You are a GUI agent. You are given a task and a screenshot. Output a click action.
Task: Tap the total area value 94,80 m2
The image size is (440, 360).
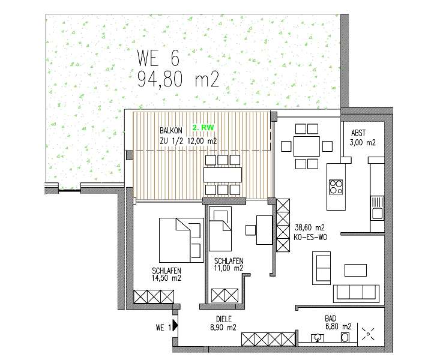[x=178, y=79]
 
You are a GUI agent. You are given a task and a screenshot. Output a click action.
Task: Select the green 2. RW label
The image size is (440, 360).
[x=203, y=128]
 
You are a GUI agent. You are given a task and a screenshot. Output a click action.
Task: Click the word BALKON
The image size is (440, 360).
[x=171, y=130]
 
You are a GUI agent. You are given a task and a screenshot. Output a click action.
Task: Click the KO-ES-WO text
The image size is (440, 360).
[x=309, y=237]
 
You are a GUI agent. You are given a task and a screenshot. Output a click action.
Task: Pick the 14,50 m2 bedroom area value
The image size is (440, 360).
[x=166, y=278]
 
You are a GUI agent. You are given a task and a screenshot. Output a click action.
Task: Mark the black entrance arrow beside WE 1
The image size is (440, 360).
[x=175, y=326]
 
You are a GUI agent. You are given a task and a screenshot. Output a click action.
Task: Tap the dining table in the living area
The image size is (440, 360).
[x=306, y=146]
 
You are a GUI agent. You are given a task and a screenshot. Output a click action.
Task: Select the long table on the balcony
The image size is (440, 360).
[x=223, y=175]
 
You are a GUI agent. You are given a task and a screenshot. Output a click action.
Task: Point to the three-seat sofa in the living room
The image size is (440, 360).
[x=356, y=292]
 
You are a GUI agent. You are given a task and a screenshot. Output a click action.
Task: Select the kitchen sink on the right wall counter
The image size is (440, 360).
[x=377, y=212]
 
